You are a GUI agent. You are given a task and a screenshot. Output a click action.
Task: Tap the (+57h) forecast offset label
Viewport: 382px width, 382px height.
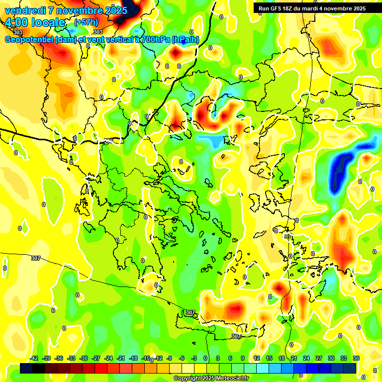click(x=86, y=22)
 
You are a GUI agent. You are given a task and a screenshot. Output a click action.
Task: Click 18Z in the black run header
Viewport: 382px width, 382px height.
click(x=289, y=8)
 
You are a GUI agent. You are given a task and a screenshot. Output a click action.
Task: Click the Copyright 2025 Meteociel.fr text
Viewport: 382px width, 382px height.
click(x=211, y=379)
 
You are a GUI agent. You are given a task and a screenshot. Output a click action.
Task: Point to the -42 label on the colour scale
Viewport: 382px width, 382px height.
click(x=34, y=358)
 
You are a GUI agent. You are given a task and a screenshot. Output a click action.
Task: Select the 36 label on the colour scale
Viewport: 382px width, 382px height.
click(x=356, y=358)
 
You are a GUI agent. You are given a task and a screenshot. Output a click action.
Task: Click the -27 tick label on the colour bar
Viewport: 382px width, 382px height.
click(x=96, y=358)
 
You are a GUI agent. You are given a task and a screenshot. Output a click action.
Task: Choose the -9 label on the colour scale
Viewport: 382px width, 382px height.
click(x=169, y=358)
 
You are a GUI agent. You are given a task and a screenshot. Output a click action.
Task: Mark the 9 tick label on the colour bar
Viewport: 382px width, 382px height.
click(x=243, y=358)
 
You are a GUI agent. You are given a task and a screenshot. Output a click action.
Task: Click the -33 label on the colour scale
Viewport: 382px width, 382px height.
click(x=71, y=358)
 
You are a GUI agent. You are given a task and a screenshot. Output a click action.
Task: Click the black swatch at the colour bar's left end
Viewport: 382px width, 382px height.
click(x=26, y=368)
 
